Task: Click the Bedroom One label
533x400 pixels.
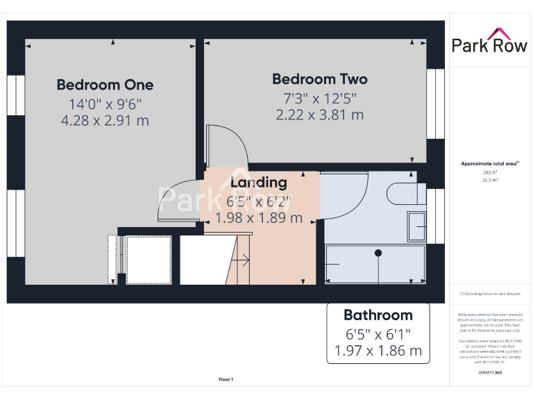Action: pyautogui.click(x=105, y=85)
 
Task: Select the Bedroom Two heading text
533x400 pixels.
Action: pyautogui.click(x=319, y=79)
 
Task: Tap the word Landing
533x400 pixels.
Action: pyautogui.click(x=258, y=183)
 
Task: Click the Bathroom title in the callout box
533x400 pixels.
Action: pyautogui.click(x=378, y=315)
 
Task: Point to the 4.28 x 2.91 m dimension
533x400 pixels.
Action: pyautogui.click(x=105, y=121)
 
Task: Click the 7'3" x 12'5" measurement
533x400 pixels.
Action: pyautogui.click(x=319, y=99)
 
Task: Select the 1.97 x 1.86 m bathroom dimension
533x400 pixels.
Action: pyautogui.click(x=378, y=351)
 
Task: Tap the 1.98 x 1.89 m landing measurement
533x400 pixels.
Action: pyautogui.click(x=258, y=217)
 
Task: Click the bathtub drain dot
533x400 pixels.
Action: pyautogui.click(x=378, y=253)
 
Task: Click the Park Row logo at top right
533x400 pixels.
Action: pyautogui.click(x=490, y=42)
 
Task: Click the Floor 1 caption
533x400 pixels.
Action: pyautogui.click(x=226, y=379)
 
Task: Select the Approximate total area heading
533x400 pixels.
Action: pyautogui.click(x=490, y=163)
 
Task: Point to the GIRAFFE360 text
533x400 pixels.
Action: pyautogui.click(x=490, y=373)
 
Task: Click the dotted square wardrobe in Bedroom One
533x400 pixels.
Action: pyautogui.click(x=148, y=260)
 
